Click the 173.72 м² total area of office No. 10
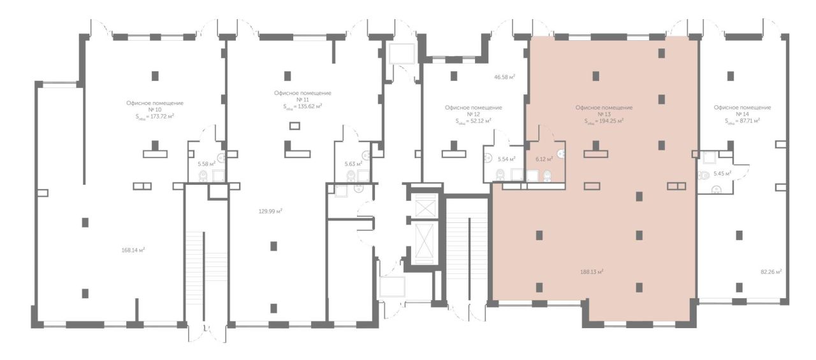(x=155, y=117)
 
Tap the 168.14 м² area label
(x=133, y=250)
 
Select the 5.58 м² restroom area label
(x=207, y=164)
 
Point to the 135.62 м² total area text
(x=303, y=106)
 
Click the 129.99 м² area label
(x=270, y=211)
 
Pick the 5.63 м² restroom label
(x=353, y=164)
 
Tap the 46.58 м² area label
(x=504, y=77)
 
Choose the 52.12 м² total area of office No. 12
(x=473, y=121)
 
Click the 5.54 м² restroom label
(x=506, y=159)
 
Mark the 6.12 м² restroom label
(x=544, y=159)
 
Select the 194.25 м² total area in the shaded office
(x=604, y=121)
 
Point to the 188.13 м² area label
(x=592, y=272)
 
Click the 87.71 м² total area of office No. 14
(x=743, y=121)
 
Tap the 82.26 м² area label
(x=771, y=272)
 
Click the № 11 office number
(x=303, y=99)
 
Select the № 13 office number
(x=604, y=114)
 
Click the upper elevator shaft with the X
(x=426, y=205)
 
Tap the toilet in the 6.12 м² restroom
(x=548, y=176)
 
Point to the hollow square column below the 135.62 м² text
(x=295, y=126)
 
